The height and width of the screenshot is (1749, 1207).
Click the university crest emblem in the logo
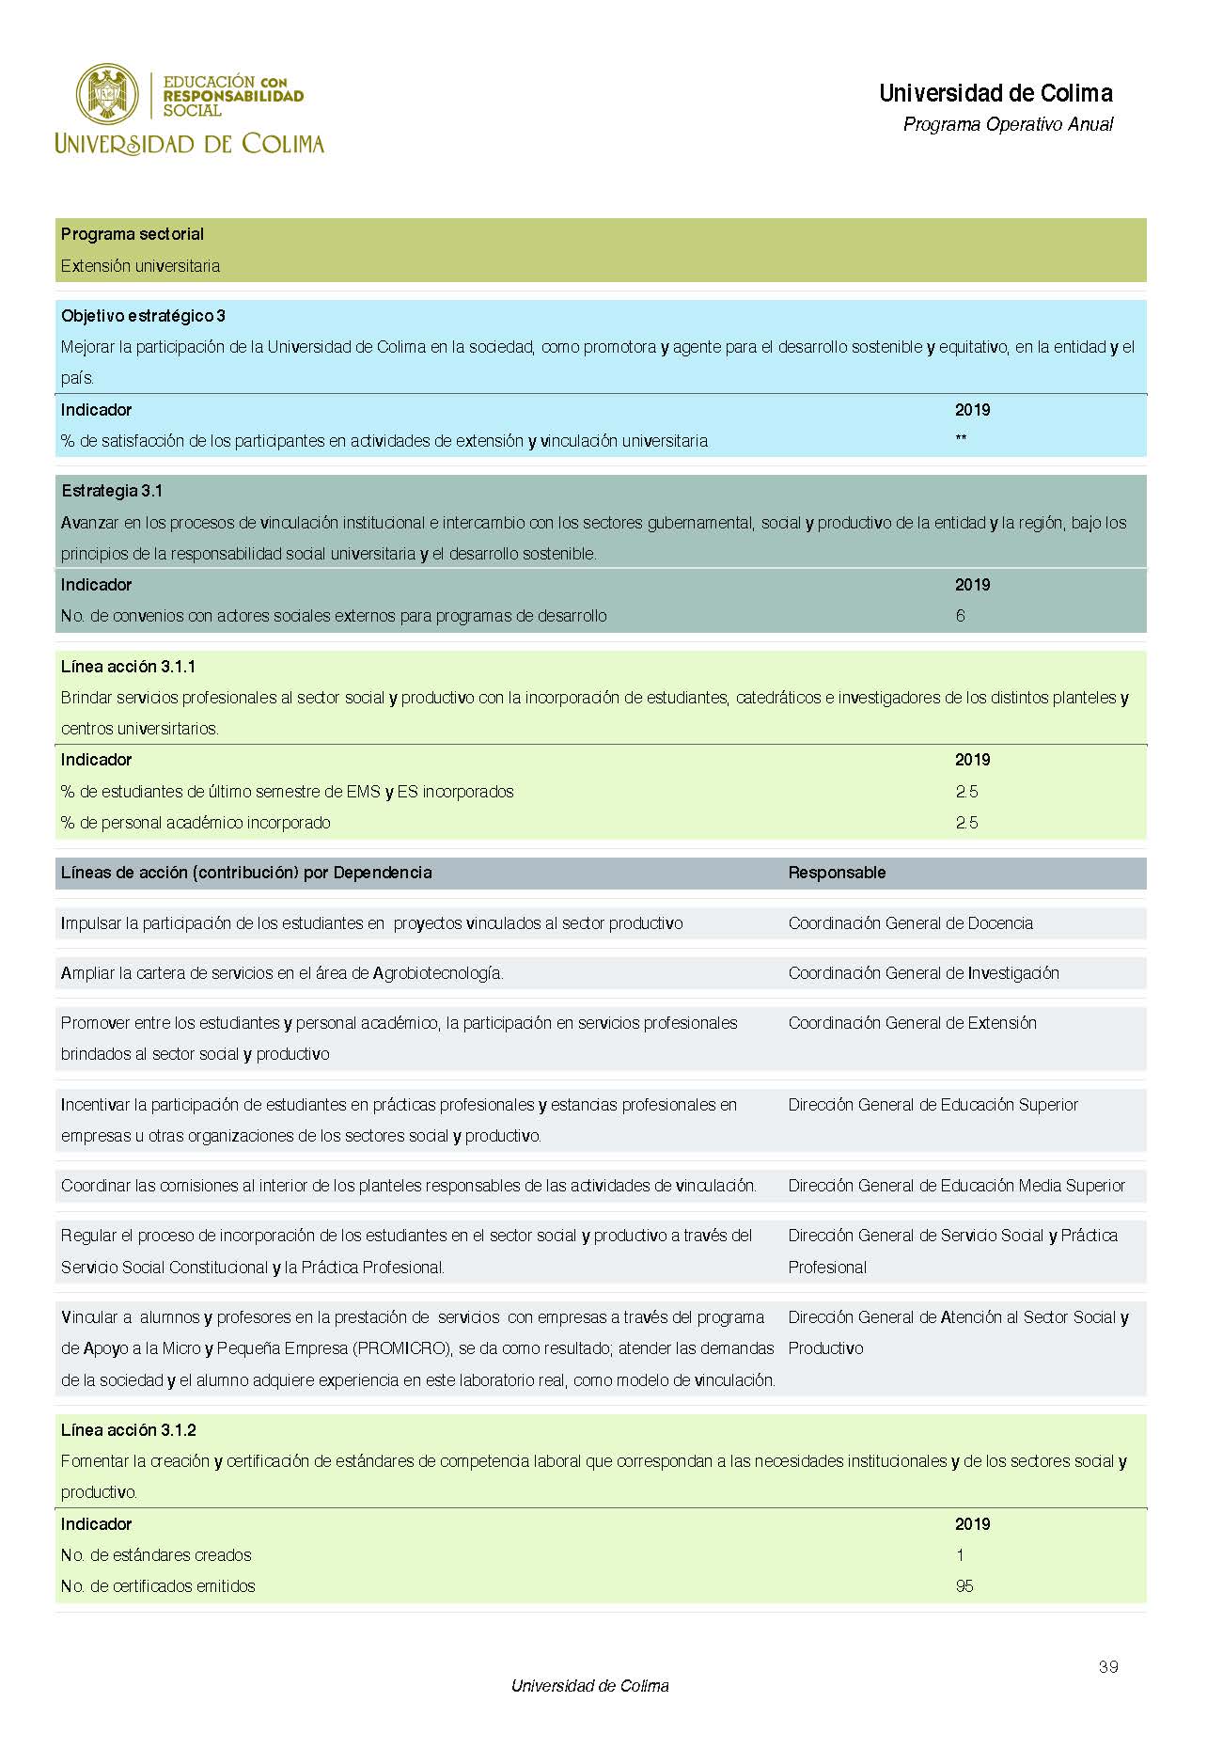tap(107, 94)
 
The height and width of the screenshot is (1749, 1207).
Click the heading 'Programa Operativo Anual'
tap(1008, 124)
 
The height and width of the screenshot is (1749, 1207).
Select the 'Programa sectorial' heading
tap(133, 234)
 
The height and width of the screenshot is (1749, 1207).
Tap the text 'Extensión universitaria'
tap(140, 266)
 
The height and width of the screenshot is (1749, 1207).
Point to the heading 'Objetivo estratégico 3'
tap(143, 316)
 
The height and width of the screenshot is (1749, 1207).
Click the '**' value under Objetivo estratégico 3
tap(961, 440)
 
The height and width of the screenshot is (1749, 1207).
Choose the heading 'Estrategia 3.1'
tap(112, 491)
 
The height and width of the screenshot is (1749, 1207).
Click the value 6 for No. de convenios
tap(960, 616)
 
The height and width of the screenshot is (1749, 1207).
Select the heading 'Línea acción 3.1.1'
tap(128, 667)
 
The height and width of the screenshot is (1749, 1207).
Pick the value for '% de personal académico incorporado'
tap(966, 823)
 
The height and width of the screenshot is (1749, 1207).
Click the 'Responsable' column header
tap(837, 873)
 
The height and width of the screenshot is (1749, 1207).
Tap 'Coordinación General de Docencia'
tap(910, 923)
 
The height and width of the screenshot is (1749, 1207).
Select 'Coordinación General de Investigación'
tap(923, 973)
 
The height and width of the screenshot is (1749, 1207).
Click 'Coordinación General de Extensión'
tap(912, 1023)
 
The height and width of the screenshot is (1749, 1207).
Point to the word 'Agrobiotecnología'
tap(437, 973)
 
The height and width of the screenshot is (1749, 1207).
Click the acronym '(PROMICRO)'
tap(402, 1348)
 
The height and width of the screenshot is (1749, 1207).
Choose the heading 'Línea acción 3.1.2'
tap(128, 1430)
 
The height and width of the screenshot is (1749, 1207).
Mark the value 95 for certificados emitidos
tap(964, 1586)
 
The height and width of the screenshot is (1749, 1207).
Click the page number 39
tap(1108, 1667)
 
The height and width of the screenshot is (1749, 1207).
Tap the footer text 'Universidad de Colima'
tap(589, 1686)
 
